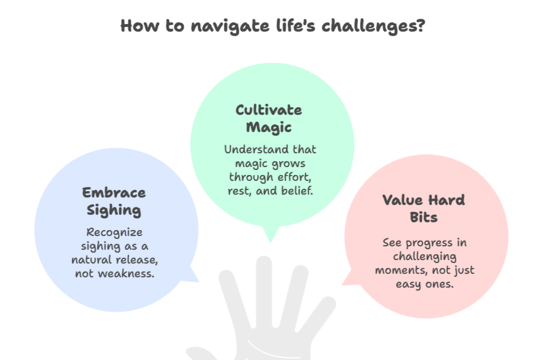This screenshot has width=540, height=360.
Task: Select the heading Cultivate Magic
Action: (269, 118)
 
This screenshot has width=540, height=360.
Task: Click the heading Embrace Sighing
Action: (114, 201)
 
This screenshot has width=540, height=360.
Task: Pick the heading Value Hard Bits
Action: (424, 208)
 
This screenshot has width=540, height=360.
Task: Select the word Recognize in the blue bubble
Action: (114, 233)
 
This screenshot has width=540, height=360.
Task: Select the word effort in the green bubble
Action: (297, 177)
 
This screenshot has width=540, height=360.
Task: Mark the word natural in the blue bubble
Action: (93, 260)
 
